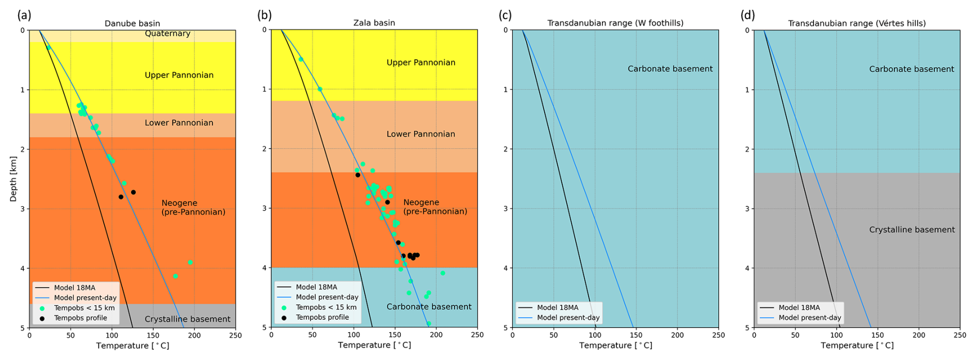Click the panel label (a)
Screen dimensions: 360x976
point(24,15)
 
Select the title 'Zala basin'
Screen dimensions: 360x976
point(374,23)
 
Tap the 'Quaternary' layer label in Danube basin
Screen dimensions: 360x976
point(168,34)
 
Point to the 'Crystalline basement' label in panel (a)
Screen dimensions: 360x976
point(187,319)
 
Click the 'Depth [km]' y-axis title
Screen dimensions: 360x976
point(13,178)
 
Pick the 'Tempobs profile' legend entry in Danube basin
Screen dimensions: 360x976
point(80,318)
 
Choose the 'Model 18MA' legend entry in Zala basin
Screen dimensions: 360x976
point(316,287)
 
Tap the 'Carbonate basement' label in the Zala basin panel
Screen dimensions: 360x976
point(429,306)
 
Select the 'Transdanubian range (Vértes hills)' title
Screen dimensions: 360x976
point(856,23)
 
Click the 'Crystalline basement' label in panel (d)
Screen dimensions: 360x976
point(912,230)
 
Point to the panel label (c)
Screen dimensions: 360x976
point(505,15)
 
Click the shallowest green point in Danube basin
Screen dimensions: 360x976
point(48,47)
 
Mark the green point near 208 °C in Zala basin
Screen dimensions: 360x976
point(443,273)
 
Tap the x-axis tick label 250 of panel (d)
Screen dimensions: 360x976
point(959,335)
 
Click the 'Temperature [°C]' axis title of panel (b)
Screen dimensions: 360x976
point(374,346)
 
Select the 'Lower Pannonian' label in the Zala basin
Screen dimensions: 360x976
point(420,134)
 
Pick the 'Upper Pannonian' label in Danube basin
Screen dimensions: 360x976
point(179,75)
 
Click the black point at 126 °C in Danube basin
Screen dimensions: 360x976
point(133,192)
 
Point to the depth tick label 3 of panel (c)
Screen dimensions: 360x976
point(506,208)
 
